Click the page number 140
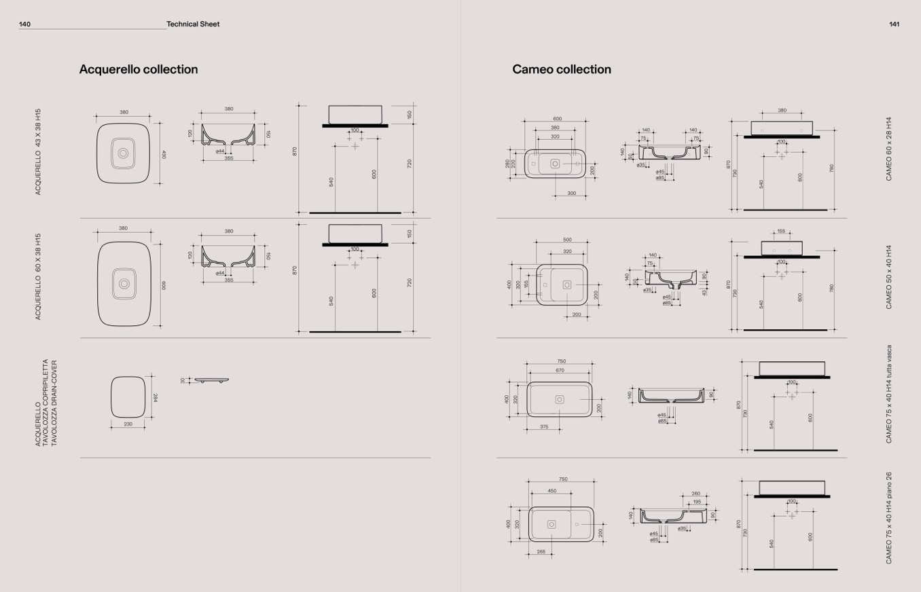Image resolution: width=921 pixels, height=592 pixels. click(x=25, y=24)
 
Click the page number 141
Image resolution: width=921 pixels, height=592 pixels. click(x=894, y=24)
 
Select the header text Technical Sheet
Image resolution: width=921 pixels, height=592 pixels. click(x=193, y=24)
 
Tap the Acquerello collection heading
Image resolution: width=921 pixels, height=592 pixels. click(x=139, y=69)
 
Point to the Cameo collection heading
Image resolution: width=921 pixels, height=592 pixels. click(x=561, y=69)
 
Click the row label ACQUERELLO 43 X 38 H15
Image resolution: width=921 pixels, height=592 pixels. click(x=39, y=151)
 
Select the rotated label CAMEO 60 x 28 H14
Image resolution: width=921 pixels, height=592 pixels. click(x=888, y=148)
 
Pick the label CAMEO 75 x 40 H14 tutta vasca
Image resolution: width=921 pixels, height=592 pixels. click(x=888, y=394)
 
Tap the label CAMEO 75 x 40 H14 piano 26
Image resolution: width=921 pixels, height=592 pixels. click(x=888, y=518)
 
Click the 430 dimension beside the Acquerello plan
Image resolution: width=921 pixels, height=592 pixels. click(x=164, y=155)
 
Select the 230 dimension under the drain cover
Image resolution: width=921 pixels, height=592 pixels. click(x=128, y=424)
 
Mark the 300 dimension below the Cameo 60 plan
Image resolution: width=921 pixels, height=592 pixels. click(x=571, y=193)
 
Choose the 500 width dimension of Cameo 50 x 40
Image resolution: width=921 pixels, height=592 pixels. click(x=567, y=240)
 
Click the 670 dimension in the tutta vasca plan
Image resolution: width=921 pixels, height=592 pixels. click(x=560, y=371)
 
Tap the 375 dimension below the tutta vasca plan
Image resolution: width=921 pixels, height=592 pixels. click(x=544, y=426)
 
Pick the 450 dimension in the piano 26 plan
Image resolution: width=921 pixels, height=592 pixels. click(x=552, y=490)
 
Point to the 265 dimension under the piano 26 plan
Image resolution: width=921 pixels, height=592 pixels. click(x=541, y=552)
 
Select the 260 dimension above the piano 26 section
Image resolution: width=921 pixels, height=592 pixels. click(x=696, y=494)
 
